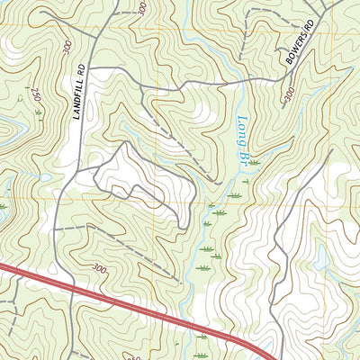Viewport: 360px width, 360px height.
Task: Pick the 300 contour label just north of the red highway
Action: click(x=99, y=268)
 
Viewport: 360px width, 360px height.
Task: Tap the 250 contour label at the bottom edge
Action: click(x=134, y=355)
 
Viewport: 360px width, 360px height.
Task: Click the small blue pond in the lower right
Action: click(x=321, y=258)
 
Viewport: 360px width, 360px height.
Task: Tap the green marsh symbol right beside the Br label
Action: click(x=255, y=162)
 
